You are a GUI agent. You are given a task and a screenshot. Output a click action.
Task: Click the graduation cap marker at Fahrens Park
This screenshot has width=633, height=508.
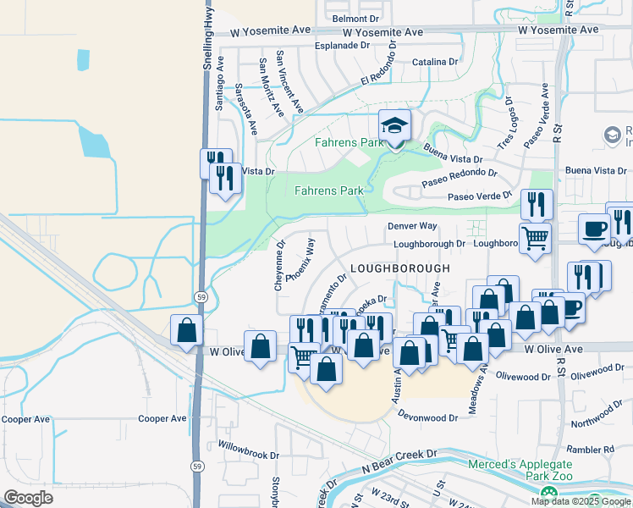point(394,126)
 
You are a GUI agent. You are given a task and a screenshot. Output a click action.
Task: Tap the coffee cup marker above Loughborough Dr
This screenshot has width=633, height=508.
point(594,228)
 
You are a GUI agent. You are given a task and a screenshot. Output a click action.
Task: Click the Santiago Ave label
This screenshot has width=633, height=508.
point(220,83)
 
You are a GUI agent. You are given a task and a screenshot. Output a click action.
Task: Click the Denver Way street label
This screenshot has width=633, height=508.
point(412,227)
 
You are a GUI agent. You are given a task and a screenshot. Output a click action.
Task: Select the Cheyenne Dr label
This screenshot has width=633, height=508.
point(279,267)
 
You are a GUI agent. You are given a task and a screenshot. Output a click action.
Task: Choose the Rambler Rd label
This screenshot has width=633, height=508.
point(592,450)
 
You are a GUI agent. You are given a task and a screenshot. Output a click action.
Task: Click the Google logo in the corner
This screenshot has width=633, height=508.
point(28,498)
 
